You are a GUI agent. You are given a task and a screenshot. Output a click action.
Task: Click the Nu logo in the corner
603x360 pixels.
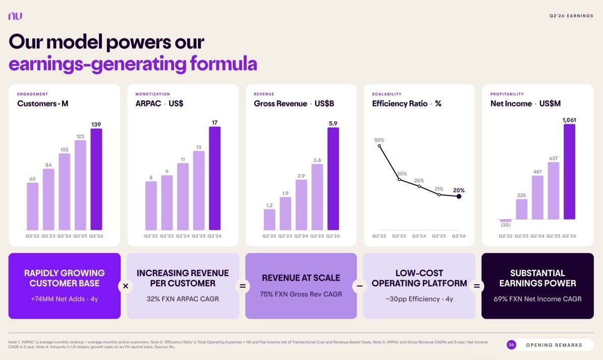click(x=15, y=16)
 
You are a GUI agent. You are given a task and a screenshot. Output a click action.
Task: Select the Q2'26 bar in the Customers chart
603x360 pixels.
click(x=96, y=179)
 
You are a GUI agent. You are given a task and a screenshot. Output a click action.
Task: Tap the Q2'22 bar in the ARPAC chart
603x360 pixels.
click(x=151, y=206)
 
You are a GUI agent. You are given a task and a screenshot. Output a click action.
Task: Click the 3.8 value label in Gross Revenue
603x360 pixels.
click(x=317, y=161)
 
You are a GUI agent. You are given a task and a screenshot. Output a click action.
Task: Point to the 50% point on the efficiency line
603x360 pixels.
click(x=379, y=146)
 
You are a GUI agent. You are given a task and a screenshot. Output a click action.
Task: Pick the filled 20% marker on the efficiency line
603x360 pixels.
click(x=459, y=196)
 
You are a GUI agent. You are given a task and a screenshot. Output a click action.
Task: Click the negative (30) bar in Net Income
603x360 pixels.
click(x=506, y=220)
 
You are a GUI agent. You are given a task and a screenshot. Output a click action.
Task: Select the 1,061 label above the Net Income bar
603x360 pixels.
click(x=569, y=120)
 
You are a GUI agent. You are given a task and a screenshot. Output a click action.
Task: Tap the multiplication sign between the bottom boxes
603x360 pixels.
click(x=125, y=286)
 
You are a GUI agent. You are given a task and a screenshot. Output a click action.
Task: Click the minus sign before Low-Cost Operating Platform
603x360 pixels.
click(x=360, y=286)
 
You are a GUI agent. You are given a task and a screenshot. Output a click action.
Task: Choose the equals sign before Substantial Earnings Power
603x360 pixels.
click(x=476, y=286)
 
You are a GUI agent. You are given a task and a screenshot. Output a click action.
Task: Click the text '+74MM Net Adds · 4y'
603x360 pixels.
click(x=65, y=299)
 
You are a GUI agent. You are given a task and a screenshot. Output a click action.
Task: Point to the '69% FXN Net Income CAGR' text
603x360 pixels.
click(x=537, y=299)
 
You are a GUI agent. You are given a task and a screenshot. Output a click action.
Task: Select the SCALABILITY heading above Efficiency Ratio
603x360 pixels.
click(x=387, y=94)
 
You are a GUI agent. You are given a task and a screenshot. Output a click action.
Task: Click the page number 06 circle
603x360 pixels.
click(x=511, y=345)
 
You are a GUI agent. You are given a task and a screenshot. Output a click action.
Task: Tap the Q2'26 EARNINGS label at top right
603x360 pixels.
click(x=572, y=16)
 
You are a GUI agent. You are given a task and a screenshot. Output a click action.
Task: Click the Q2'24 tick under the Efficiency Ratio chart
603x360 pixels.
click(x=419, y=236)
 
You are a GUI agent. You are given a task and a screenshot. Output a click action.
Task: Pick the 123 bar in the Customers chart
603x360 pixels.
click(x=80, y=185)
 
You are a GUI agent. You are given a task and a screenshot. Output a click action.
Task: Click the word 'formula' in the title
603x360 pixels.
click(x=224, y=64)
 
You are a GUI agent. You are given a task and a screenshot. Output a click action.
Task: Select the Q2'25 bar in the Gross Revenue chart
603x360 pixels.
click(x=317, y=197)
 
